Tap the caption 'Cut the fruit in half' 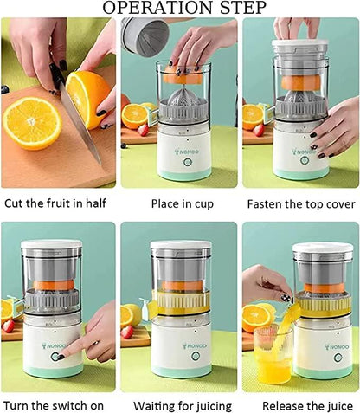click(x=58, y=205)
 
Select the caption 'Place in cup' click(x=178, y=205)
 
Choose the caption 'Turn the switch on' click(x=58, y=405)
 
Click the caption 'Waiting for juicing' click(x=182, y=405)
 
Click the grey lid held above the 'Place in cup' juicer click(x=145, y=35)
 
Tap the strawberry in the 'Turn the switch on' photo click(x=9, y=326)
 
